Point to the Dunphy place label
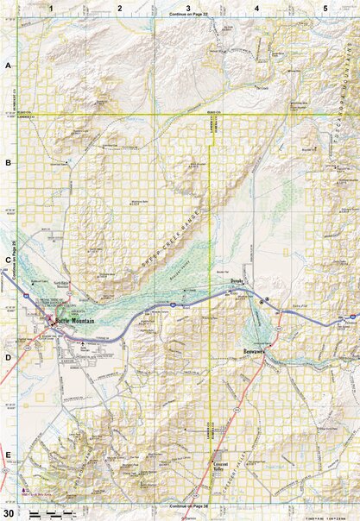click(237, 282)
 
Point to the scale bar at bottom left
click(47, 514)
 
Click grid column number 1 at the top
click(52, 7)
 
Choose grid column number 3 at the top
click(187, 7)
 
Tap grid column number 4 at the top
click(256, 7)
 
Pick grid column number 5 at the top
click(325, 7)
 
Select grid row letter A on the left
click(7, 66)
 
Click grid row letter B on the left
click(7, 162)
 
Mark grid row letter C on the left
click(7, 260)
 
